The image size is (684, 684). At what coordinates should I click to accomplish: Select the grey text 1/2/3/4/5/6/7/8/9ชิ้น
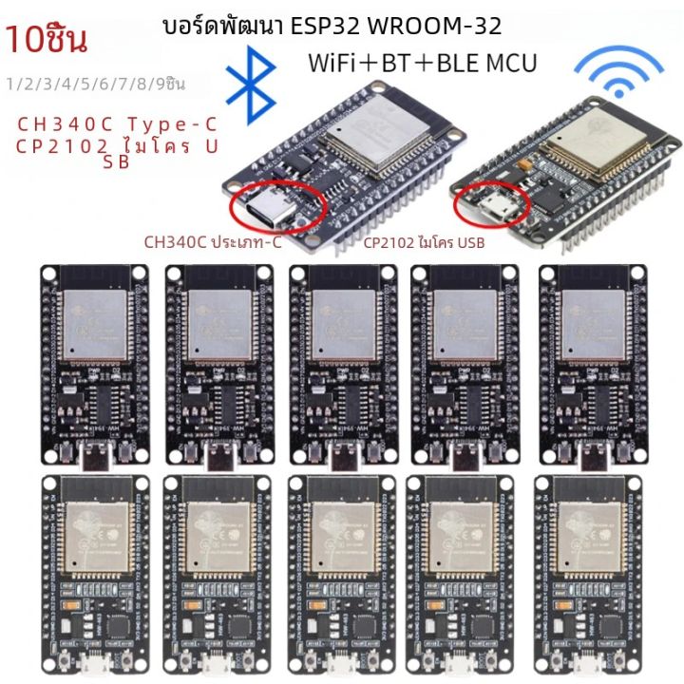pos(95,84)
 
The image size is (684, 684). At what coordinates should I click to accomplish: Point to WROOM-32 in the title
pos(447,25)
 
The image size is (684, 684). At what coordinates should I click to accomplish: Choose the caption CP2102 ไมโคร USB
pos(424,244)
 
